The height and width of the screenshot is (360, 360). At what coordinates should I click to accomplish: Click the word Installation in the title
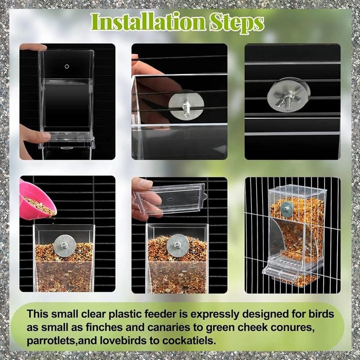pos(148,22)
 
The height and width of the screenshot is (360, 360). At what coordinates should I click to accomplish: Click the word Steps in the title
pos(237,23)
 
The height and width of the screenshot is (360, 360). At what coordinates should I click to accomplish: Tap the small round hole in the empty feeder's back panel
pos(67,67)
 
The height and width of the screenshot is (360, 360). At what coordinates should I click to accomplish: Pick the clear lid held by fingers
pos(171,199)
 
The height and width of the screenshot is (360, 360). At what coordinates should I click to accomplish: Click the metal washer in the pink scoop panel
pos(65,246)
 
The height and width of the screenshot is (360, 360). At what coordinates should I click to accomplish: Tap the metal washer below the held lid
pos(178,246)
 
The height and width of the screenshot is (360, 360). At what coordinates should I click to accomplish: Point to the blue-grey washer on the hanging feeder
pos(286,209)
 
